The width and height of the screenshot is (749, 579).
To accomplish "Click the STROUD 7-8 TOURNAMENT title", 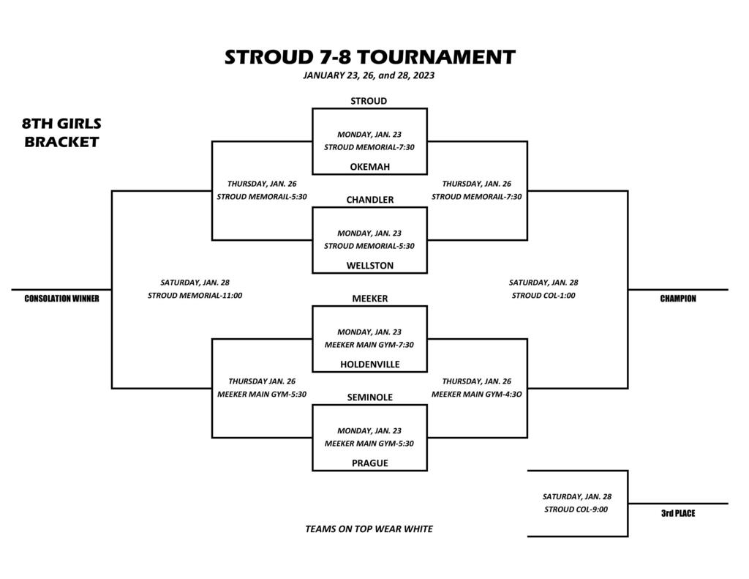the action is (x=369, y=57).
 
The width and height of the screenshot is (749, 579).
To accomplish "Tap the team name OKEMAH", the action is (x=369, y=167).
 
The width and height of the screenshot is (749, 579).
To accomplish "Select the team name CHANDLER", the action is (x=369, y=200).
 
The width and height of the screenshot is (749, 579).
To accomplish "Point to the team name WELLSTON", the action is (x=369, y=266).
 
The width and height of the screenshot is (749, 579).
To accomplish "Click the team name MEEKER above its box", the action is (x=369, y=299).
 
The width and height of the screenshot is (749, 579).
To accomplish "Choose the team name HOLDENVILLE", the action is (x=369, y=365).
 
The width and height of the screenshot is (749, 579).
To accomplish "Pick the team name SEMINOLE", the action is (x=369, y=397).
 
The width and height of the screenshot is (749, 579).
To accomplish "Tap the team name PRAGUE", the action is (x=369, y=463).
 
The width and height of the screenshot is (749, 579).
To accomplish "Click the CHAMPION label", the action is (x=678, y=299).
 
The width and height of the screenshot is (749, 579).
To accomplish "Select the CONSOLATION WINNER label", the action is (x=61, y=299).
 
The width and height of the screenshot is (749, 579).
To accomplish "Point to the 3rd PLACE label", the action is (x=678, y=514).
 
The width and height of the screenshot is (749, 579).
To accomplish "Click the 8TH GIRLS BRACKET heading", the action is (x=61, y=133).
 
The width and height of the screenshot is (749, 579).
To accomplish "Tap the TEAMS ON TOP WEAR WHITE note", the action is (x=369, y=529).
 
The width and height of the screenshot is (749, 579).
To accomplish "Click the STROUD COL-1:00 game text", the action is (x=543, y=296).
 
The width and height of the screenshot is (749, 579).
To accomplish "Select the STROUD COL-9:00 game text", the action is (x=576, y=509).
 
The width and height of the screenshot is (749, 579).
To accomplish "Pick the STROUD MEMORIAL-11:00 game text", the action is (x=195, y=296).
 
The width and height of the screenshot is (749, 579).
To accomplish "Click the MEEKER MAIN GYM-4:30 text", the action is (x=477, y=395).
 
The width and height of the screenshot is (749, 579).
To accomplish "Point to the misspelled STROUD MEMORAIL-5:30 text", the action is (x=262, y=196).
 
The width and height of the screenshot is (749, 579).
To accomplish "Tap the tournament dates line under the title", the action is (x=369, y=75).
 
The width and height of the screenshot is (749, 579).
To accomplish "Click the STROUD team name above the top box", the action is (x=369, y=101).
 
